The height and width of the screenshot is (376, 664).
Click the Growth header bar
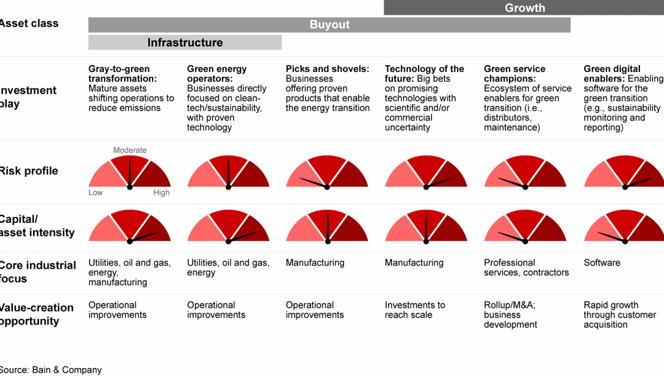(524, 8)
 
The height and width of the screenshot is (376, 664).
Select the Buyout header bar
(329, 25)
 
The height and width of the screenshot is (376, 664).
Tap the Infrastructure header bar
(184, 42)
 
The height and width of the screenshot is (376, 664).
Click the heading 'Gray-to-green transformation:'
(119, 74)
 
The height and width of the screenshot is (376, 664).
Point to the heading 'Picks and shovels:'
(328, 69)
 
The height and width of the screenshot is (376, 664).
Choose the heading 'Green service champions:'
(515, 74)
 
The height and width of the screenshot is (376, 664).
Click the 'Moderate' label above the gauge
(130, 150)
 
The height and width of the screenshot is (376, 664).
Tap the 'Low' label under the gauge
(95, 192)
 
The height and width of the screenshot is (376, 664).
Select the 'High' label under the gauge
(161, 192)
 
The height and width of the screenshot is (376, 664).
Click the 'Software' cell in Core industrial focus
(602, 262)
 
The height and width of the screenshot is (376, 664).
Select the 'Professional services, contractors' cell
(526, 267)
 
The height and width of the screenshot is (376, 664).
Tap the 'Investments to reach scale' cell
(415, 310)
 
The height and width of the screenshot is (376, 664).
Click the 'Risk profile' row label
(28, 171)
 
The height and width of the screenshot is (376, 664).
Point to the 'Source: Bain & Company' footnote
(50, 369)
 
